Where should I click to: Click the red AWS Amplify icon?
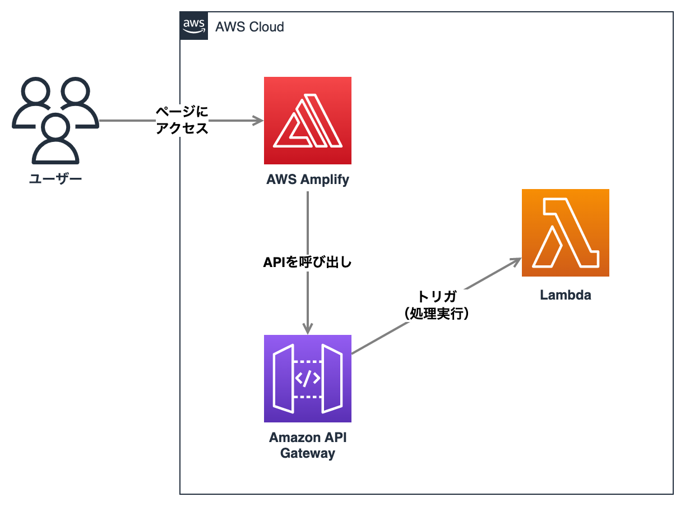click(x=308, y=120)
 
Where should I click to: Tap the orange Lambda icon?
click(x=565, y=233)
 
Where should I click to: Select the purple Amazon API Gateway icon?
click(x=308, y=378)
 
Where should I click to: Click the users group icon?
click(x=55, y=121)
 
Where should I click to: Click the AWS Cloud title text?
click(x=250, y=26)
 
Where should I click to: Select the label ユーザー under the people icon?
click(x=55, y=179)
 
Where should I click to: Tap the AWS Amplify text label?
click(x=308, y=180)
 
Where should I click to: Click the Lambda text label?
click(x=565, y=295)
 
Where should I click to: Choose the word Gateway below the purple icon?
click(x=308, y=453)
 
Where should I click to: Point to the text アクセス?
click(x=182, y=128)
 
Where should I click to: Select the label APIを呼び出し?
click(x=308, y=262)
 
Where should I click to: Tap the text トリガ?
click(x=437, y=297)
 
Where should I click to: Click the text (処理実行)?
click(x=437, y=314)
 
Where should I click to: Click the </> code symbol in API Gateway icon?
click(x=308, y=379)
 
